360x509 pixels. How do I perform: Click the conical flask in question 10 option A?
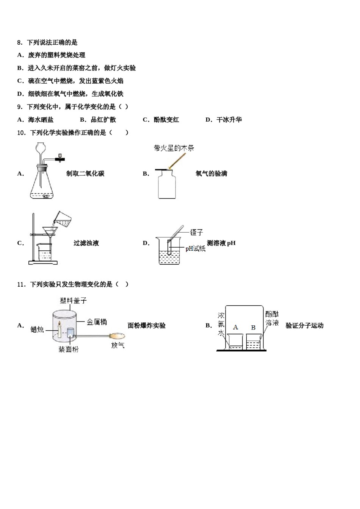pos(41,186)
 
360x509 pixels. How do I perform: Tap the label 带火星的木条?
pos(174,148)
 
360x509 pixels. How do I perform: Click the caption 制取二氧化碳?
pos(85,174)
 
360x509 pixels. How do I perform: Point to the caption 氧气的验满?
pos(211,174)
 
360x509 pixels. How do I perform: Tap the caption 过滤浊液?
pos(86,243)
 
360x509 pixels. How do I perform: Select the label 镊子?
pos(196,233)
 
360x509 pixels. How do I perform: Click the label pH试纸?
pos(195,248)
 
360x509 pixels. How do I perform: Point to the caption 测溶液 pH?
pos(221,243)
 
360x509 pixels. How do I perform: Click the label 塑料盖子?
pos(73,300)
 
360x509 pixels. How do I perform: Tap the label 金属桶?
pos(97,322)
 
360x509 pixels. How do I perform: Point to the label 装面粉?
pos(68,349)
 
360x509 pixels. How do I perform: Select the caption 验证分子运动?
pos(304,326)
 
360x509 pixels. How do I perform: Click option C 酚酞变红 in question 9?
pos(161,120)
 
